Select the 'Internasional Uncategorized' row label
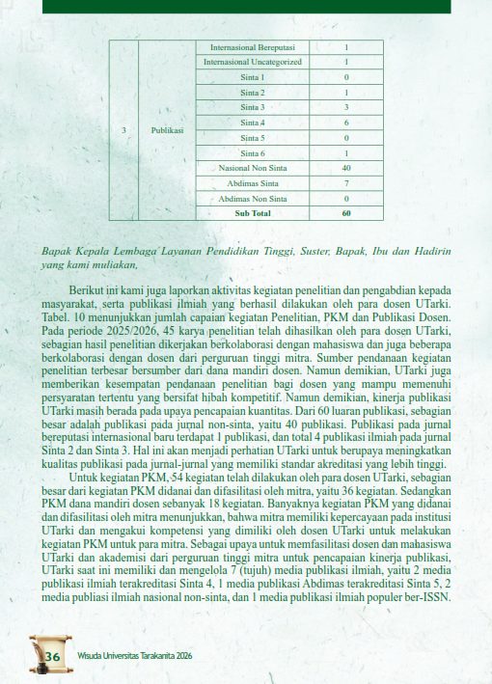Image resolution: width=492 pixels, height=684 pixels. click(254, 62)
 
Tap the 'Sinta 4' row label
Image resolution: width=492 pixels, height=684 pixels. click(254, 123)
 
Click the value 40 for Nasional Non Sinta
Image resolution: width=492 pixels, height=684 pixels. click(345, 168)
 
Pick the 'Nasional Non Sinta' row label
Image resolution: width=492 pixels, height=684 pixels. click(254, 168)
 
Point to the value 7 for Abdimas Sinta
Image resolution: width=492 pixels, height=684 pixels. click(345, 182)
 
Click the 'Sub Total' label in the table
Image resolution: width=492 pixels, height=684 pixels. click(254, 212)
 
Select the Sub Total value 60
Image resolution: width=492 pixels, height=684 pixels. click(345, 212)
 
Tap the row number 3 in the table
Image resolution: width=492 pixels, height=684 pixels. click(123, 129)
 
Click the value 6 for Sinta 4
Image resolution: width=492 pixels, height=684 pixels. click(345, 123)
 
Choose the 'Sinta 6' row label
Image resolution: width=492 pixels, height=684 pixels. click(254, 152)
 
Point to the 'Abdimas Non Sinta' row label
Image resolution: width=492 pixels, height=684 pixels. click(254, 198)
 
